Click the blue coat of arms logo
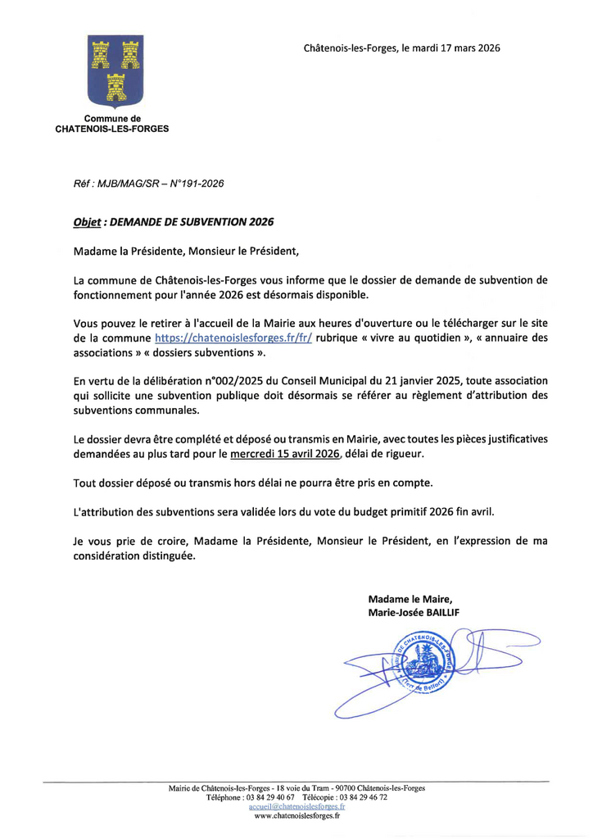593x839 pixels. [114, 70]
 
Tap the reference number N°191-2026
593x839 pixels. [197, 184]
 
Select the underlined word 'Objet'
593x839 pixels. [87, 221]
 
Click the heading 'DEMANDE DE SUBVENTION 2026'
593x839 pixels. [192, 221]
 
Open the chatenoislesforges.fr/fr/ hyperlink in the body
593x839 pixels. [233, 338]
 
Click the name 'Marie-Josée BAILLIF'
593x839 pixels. [414, 612]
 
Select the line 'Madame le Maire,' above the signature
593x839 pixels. [410, 598]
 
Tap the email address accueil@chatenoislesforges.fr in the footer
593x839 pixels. [296, 806]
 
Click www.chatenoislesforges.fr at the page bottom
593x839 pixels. [296, 816]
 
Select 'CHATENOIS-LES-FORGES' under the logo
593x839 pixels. [112, 129]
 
